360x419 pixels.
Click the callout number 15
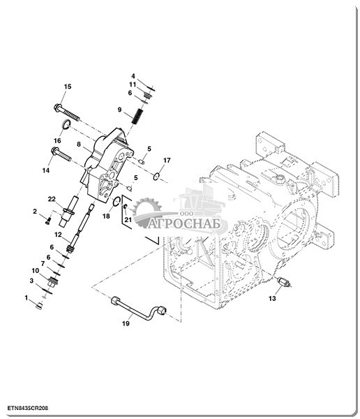coord(68,87)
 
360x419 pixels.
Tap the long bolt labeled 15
coord(67,112)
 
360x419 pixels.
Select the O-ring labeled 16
coord(66,124)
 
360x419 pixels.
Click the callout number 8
coord(79,145)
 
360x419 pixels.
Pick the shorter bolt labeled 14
coord(61,154)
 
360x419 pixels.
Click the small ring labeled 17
coord(157,176)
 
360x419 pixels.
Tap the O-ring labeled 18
coord(117,202)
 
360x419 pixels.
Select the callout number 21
coord(128,220)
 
